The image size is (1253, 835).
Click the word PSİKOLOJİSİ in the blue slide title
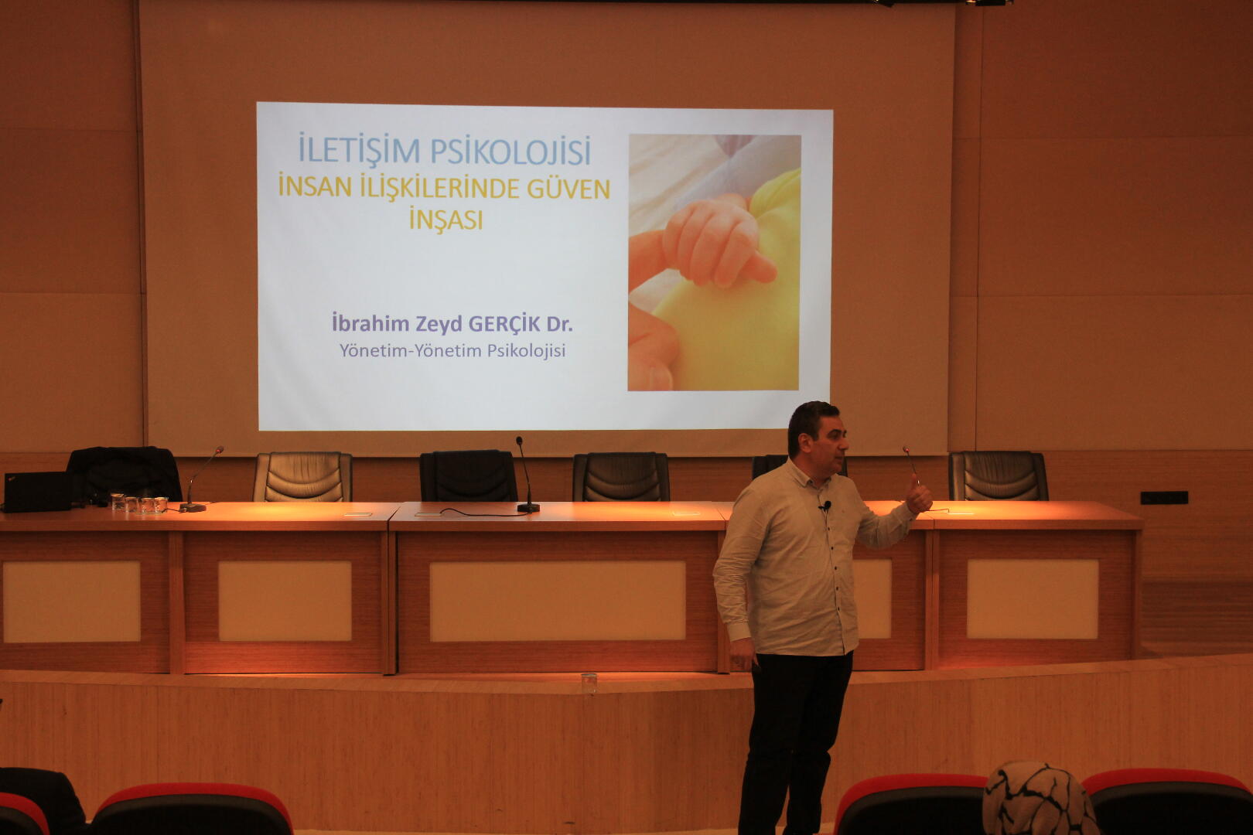tap(510, 151)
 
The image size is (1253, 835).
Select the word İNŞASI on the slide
tap(446, 220)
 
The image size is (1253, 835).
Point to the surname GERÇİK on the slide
tap(504, 323)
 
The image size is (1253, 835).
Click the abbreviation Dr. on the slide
tap(559, 324)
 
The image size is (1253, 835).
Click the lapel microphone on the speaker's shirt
tap(825, 506)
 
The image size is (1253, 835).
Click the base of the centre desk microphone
tap(528, 507)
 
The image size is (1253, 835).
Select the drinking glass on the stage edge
tap(589, 683)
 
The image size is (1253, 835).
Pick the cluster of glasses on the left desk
tap(138, 503)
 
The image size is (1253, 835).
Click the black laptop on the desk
tap(37, 492)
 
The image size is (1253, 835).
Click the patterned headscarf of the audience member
tap(1039, 799)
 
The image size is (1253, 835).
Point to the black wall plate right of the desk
tap(1164, 498)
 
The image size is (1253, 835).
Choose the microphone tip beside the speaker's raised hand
tap(905, 450)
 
